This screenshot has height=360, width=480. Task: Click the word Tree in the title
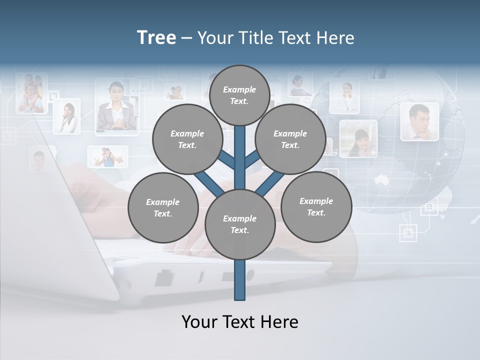156,37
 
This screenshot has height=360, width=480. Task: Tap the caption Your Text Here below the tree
240,322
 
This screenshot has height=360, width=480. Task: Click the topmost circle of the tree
239,95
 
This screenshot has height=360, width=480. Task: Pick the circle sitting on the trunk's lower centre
240,224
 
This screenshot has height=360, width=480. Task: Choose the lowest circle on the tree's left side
163,207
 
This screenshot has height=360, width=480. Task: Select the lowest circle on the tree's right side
316,206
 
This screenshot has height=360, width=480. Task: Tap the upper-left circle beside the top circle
187,139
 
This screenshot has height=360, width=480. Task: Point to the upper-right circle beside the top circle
290,139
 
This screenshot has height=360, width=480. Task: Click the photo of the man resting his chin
419,122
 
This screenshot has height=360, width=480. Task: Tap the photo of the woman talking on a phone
67,117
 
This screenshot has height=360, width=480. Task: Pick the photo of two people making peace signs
107,156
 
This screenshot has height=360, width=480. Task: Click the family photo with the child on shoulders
31,93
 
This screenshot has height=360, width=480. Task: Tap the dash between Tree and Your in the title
187,38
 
